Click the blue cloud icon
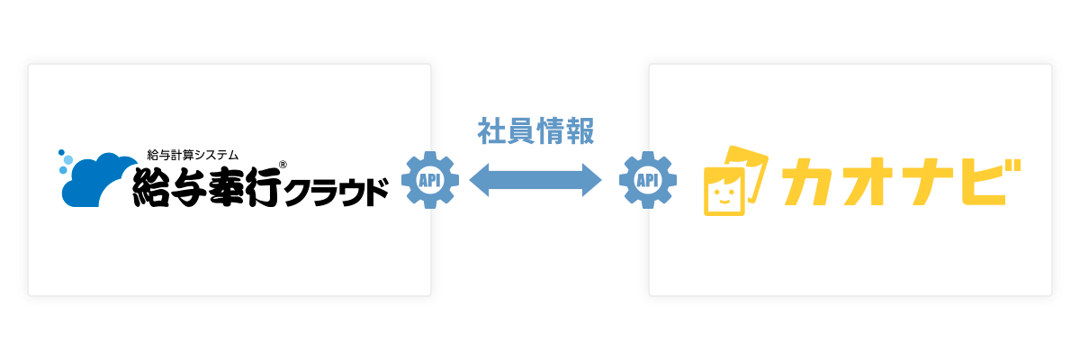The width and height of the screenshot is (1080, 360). click(96, 181)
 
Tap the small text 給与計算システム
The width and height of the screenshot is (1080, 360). click(193, 155)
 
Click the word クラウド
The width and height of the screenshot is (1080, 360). click(336, 193)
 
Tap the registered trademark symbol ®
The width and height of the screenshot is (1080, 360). click(283, 165)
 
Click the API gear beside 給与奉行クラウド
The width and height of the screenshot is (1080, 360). click(430, 180)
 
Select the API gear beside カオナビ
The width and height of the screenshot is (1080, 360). click(647, 180)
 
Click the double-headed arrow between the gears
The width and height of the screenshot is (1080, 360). click(535, 180)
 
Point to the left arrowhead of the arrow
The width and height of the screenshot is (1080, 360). click(479, 180)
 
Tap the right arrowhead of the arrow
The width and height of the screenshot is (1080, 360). click(592, 180)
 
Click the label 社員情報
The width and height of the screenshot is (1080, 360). click(535, 131)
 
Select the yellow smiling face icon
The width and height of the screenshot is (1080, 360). click(735, 181)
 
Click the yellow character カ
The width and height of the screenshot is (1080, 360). click(808, 182)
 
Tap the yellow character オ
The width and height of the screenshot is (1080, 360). click(869, 182)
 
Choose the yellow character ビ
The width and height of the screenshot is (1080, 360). click(991, 181)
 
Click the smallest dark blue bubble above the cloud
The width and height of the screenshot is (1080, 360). click(61, 152)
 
